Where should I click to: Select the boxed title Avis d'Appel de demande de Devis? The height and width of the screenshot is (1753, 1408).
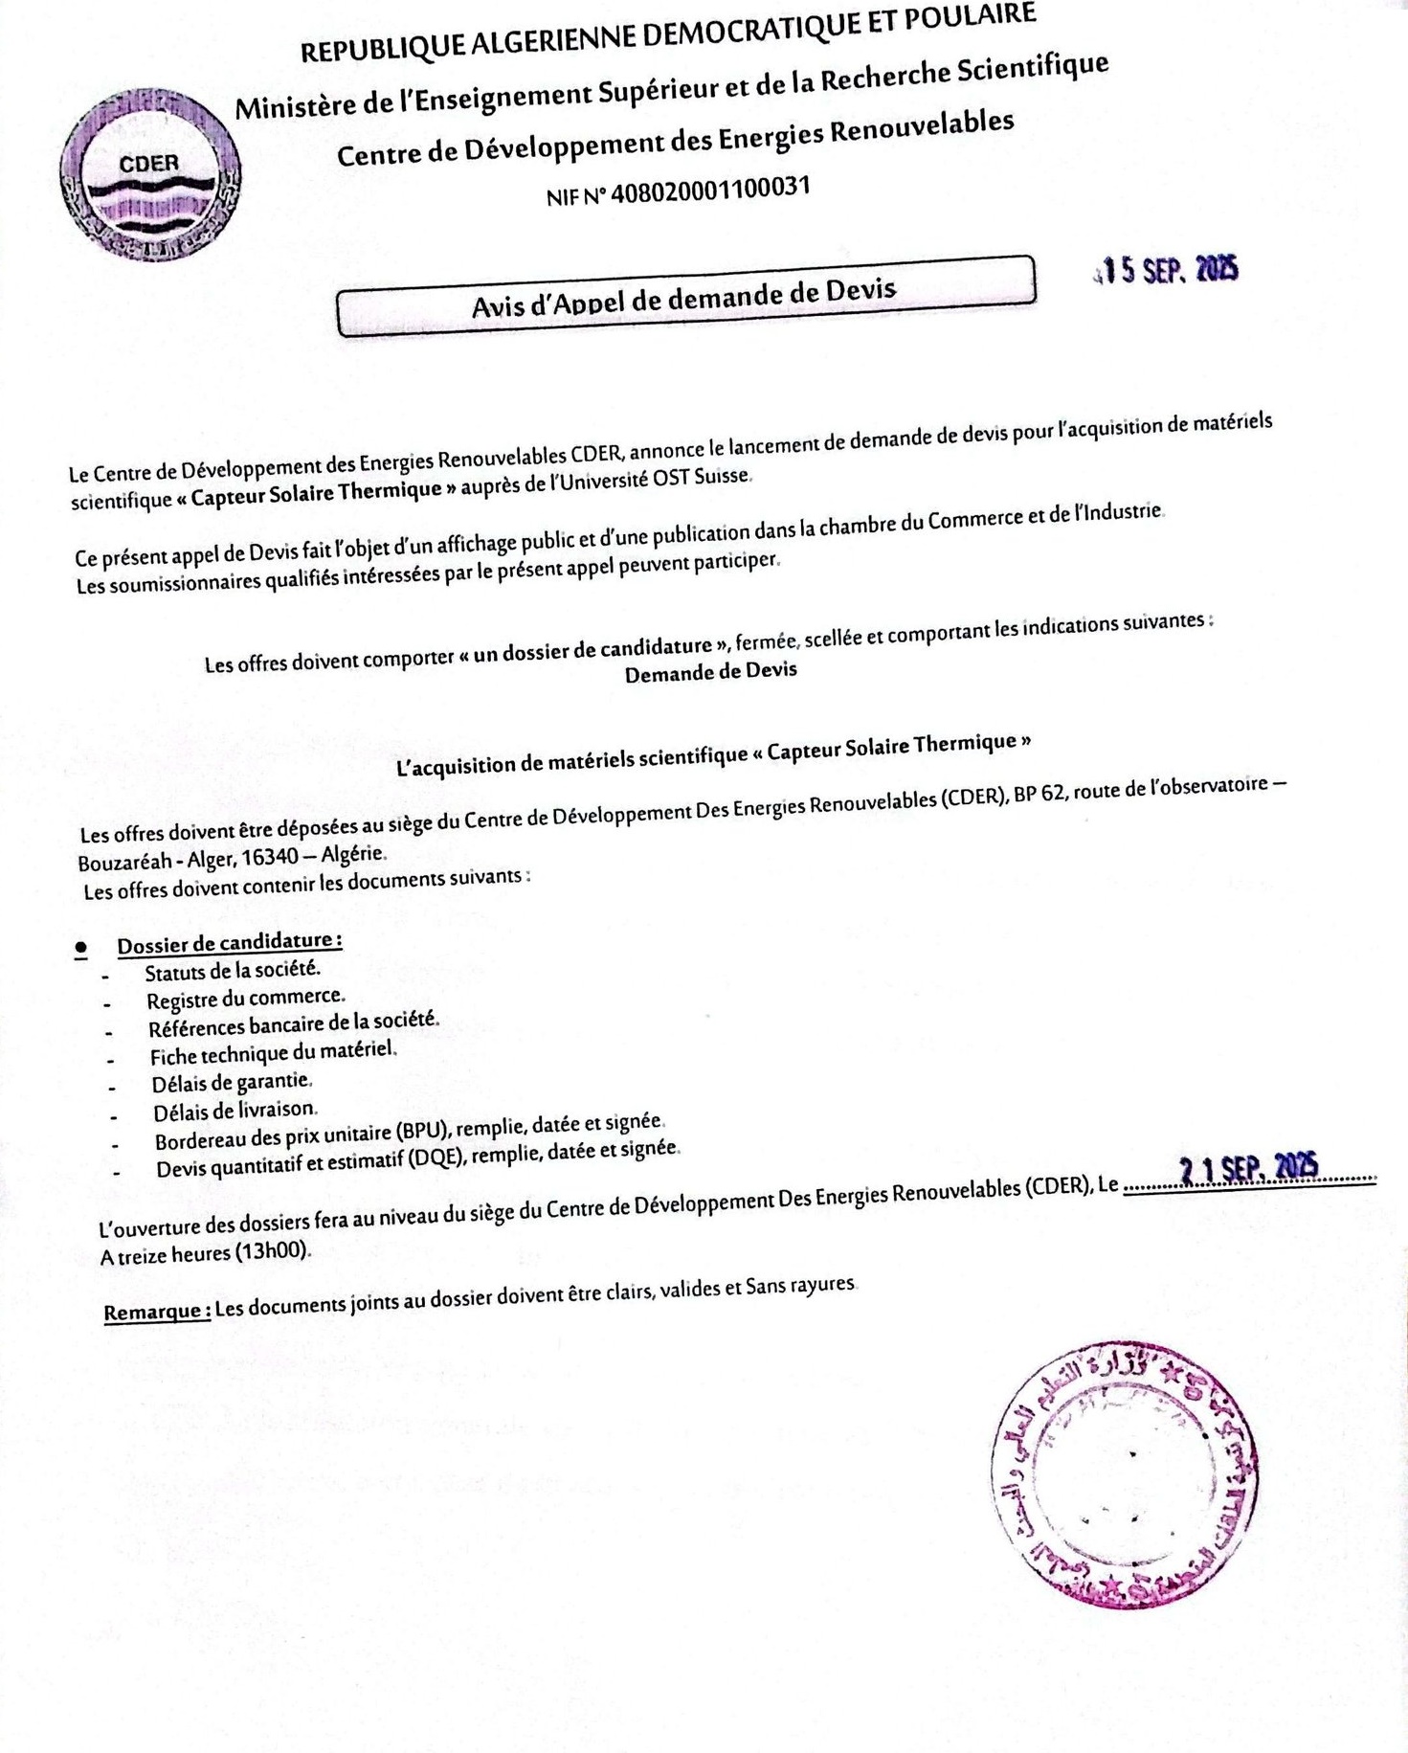click(685, 296)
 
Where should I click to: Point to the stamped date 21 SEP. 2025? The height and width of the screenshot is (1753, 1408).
click(1248, 1168)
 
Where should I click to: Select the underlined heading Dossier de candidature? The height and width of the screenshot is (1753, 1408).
click(230, 942)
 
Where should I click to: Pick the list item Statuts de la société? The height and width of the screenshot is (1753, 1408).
click(233, 970)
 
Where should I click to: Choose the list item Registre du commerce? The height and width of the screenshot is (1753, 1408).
click(245, 999)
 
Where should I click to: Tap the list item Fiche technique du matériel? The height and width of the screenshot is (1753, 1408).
click(273, 1053)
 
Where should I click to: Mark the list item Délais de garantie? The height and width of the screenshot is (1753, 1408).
click(232, 1083)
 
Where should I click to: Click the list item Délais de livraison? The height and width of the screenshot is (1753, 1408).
click(235, 1111)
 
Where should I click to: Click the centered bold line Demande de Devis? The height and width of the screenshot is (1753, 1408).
click(710, 672)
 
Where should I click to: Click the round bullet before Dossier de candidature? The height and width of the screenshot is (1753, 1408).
click(81, 948)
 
